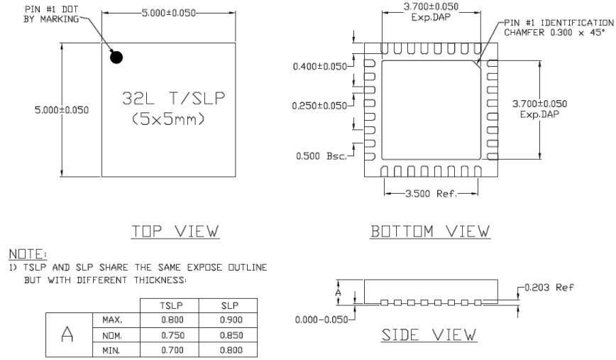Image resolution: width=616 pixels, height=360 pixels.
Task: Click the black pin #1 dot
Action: tap(117, 58)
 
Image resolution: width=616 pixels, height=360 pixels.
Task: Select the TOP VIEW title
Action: tap(167, 231)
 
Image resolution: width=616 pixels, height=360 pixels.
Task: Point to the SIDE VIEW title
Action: tap(431, 334)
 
